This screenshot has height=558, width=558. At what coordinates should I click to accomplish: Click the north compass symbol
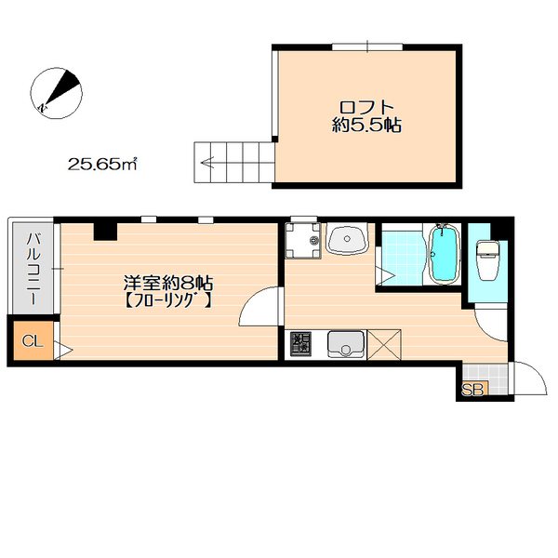(x=56, y=93)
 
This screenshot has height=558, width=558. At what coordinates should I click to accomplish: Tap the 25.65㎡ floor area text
(x=102, y=164)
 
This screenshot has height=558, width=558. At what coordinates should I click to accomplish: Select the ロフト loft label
(x=366, y=107)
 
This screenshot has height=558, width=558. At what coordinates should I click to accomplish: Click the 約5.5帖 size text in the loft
(x=366, y=125)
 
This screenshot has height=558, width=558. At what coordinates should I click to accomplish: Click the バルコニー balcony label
(x=33, y=269)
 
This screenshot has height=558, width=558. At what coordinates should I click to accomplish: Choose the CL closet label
(x=33, y=341)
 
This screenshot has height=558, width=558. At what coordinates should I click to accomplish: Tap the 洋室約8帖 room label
(x=168, y=284)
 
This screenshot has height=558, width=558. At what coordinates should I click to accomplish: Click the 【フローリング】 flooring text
(x=168, y=301)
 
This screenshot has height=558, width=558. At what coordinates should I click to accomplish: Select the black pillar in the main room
(x=105, y=232)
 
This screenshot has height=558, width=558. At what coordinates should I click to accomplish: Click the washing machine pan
(x=303, y=241)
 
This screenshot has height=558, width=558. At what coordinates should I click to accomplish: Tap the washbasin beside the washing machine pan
(x=347, y=239)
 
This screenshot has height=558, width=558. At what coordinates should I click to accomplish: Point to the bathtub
(x=444, y=254)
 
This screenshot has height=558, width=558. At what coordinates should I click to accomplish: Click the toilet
(x=488, y=260)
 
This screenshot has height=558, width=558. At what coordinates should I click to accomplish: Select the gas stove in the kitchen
(x=300, y=344)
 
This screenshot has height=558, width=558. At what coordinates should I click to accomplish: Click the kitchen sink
(x=346, y=344)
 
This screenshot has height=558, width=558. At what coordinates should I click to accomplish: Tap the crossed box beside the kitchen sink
(x=384, y=344)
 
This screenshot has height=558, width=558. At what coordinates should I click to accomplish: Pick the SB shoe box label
(x=472, y=390)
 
